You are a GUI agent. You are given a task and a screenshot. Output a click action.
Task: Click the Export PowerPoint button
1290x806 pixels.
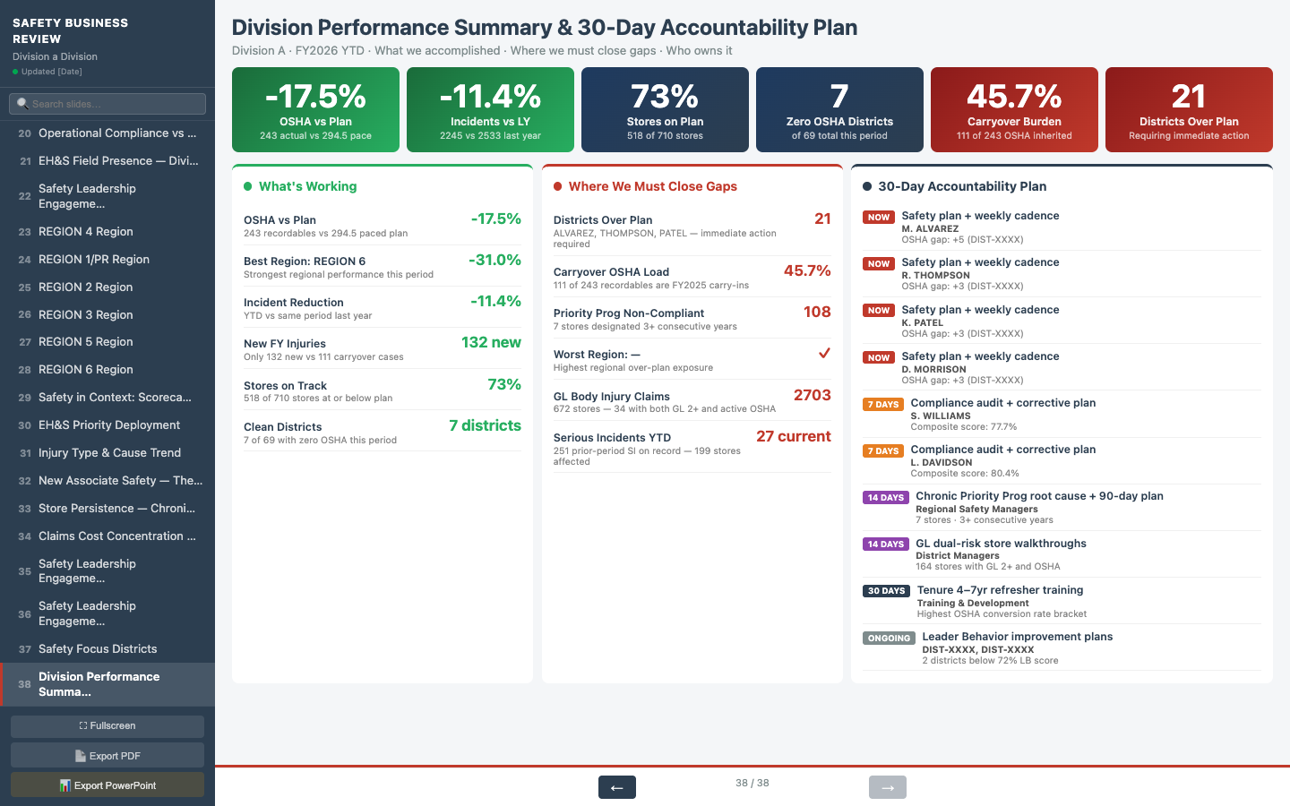107,785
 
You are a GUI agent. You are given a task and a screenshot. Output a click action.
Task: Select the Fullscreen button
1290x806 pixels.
107,726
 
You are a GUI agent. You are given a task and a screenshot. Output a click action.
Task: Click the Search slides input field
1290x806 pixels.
107,104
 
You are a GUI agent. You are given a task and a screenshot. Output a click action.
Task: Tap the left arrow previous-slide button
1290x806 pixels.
616,787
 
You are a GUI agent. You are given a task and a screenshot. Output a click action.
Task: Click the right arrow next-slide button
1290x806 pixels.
887,787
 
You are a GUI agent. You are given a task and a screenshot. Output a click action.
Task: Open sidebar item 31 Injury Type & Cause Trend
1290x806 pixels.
108,453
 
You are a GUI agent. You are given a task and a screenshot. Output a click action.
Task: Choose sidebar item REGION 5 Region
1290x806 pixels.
86,342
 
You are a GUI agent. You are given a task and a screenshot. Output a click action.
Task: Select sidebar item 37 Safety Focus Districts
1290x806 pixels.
98,649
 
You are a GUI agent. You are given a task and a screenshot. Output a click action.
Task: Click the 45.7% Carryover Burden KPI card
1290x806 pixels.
1014,110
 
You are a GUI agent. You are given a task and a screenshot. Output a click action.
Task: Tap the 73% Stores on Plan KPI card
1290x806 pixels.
665,110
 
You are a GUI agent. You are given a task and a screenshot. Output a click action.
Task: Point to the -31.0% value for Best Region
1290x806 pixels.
494,260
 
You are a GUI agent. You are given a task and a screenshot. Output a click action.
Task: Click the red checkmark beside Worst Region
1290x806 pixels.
824,353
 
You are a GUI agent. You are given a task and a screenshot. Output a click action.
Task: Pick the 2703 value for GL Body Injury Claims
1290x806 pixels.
812,395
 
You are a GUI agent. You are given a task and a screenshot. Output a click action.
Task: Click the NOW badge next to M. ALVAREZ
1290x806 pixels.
879,217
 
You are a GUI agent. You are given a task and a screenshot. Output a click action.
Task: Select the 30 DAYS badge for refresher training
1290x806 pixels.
886,591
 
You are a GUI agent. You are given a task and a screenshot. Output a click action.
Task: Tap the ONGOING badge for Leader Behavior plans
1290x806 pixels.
889,639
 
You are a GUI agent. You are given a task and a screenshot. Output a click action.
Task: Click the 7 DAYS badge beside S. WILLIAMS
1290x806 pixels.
882,404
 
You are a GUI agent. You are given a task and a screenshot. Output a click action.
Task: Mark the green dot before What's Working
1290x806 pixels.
248,186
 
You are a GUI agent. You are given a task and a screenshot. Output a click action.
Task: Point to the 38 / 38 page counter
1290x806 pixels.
752,783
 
